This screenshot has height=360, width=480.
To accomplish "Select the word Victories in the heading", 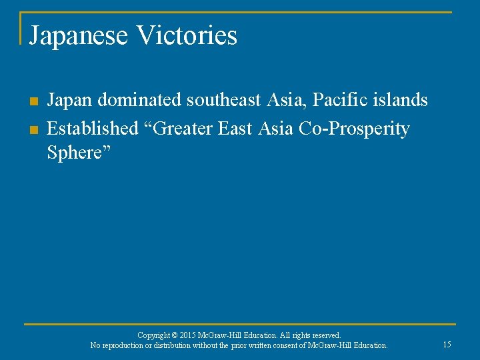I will tap(186, 35).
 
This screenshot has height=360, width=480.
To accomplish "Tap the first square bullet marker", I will tap(33, 101).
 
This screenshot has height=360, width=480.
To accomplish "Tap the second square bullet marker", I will tap(33, 128).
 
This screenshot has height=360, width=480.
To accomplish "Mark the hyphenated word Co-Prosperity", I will tap(355, 128).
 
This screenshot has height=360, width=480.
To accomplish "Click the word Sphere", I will tap(75, 153).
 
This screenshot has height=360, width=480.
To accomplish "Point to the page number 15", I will tap(447, 345).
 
